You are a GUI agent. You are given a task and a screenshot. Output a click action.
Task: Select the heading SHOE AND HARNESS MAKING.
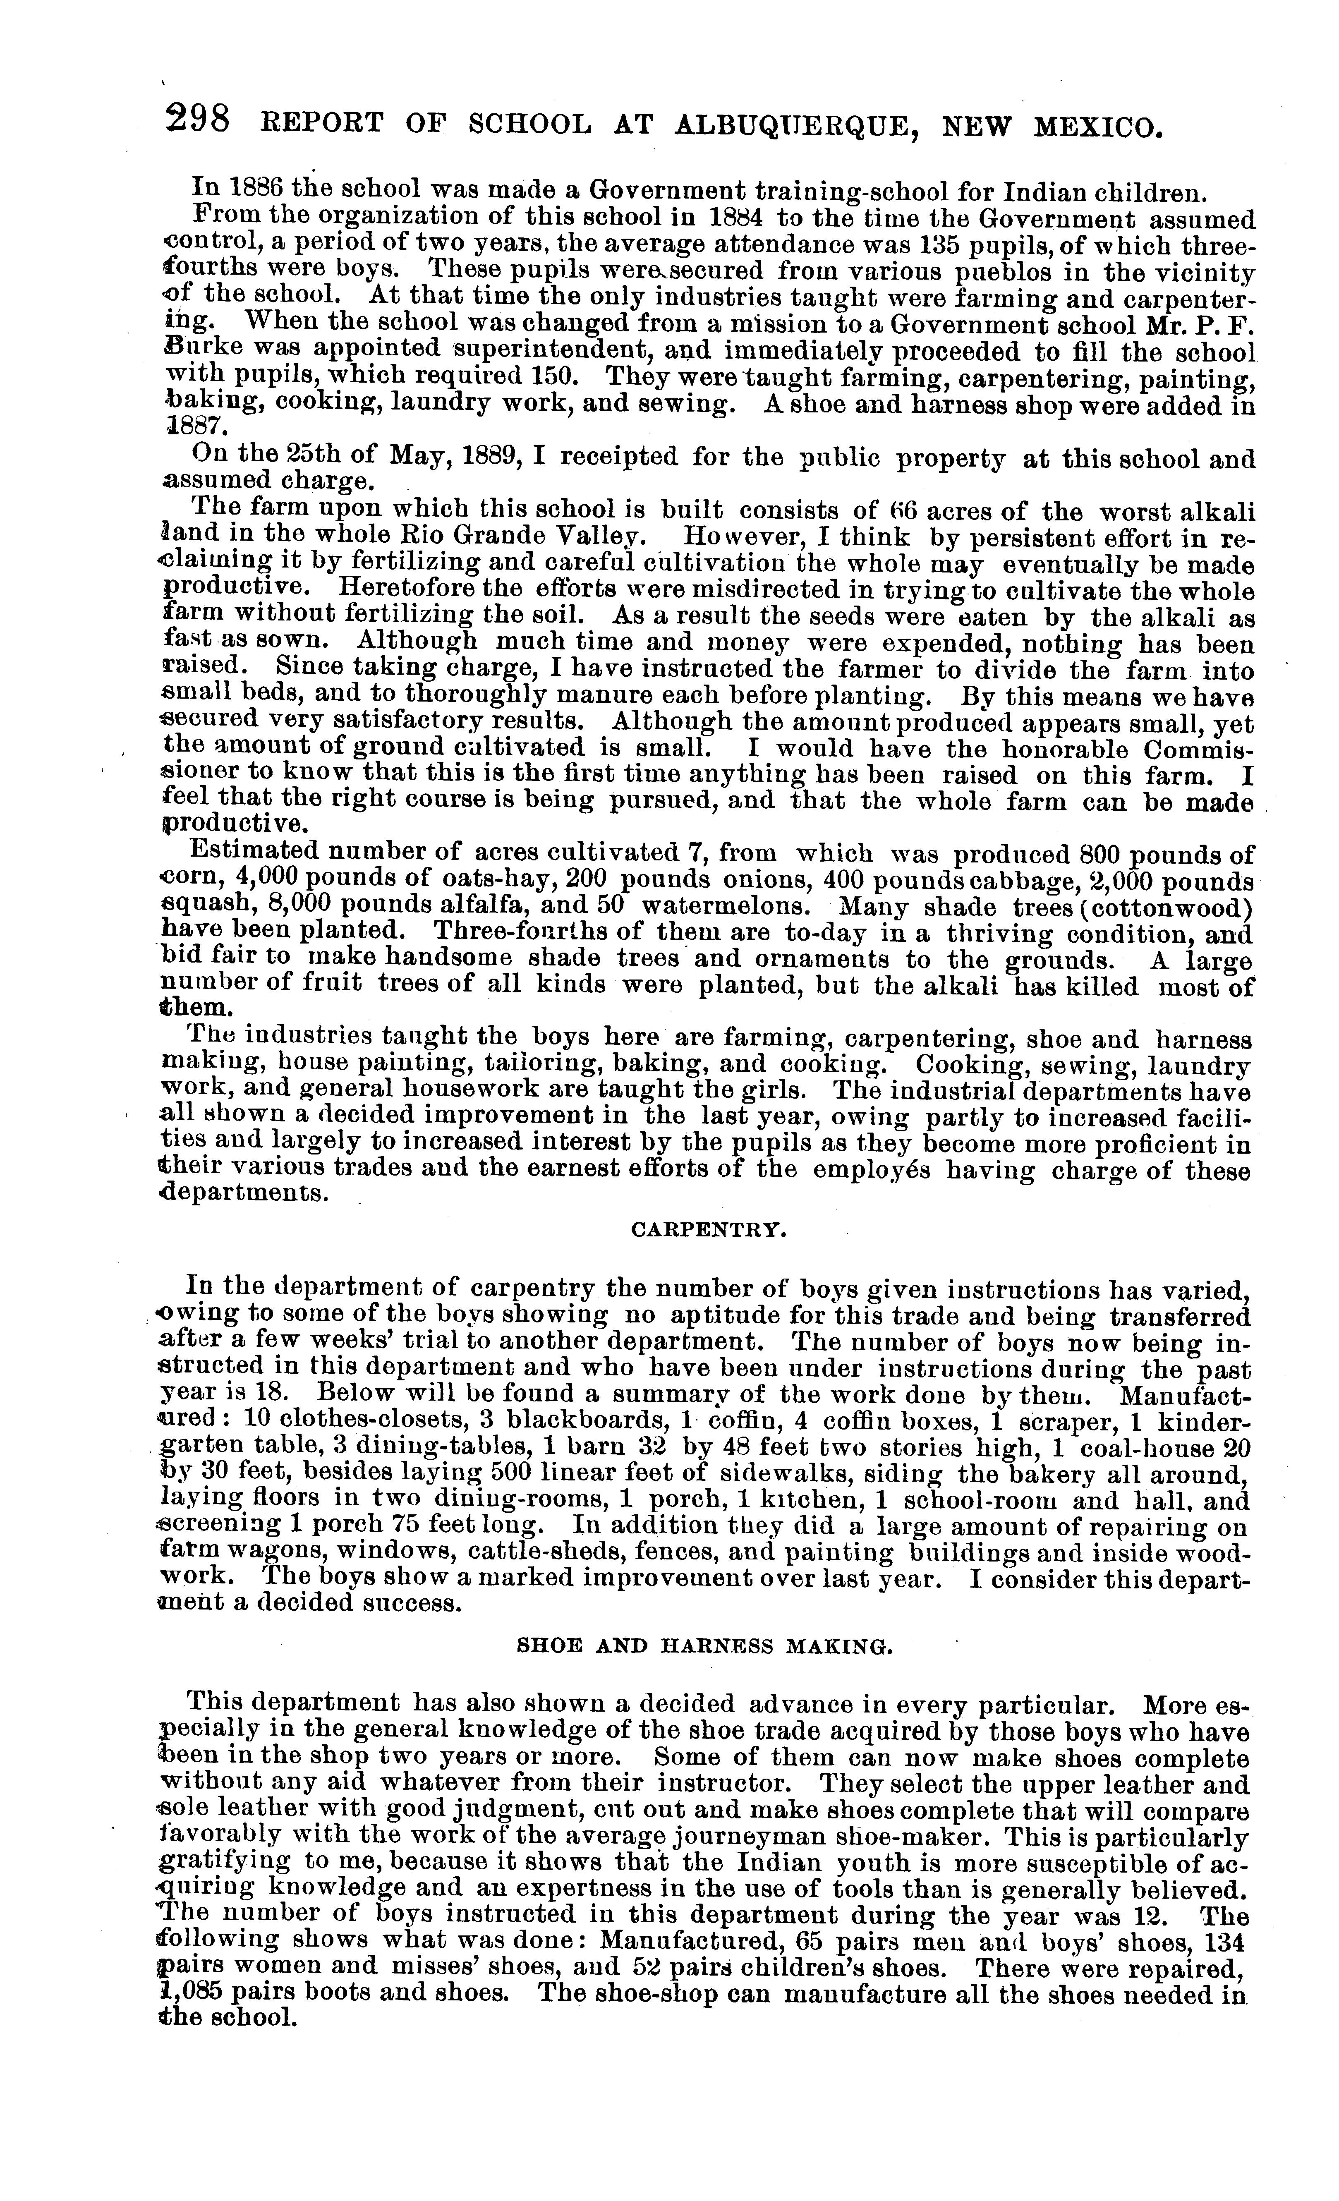coord(705,1645)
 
